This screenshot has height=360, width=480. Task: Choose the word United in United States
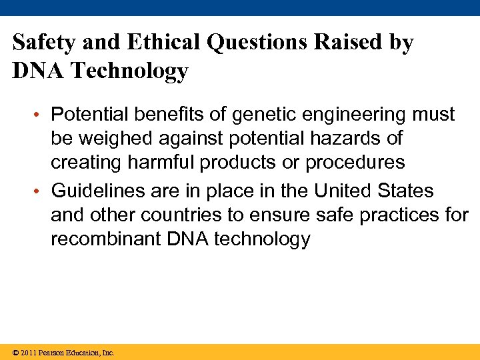tap(345, 191)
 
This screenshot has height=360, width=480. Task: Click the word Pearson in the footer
tap(53, 353)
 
